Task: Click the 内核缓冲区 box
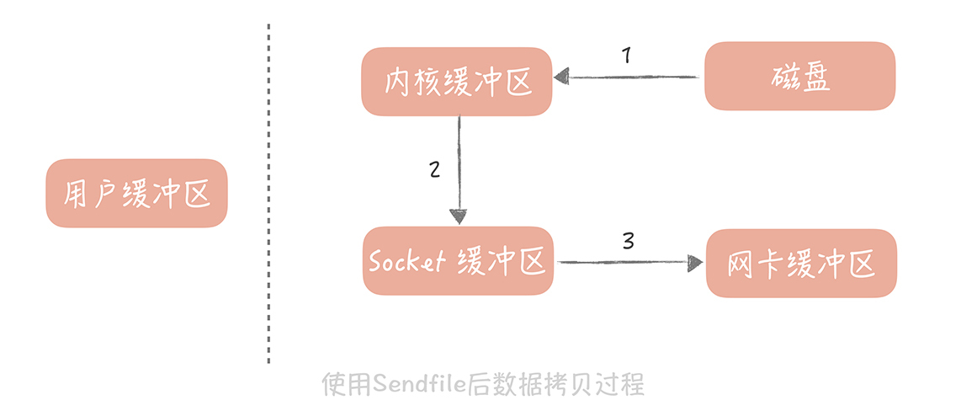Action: (x=457, y=81)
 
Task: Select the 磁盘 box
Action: (x=799, y=76)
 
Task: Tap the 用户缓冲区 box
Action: (x=136, y=193)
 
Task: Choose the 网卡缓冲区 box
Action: (x=801, y=264)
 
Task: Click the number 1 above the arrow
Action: (x=626, y=56)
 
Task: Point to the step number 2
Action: (x=434, y=169)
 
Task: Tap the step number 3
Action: (x=628, y=241)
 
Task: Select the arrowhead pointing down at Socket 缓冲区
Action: (x=459, y=216)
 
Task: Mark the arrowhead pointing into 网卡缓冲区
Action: (x=694, y=263)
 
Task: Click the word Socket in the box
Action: (x=406, y=261)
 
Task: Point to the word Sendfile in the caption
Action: (x=418, y=385)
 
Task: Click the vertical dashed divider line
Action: (x=268, y=194)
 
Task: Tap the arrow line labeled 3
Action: (x=623, y=263)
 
